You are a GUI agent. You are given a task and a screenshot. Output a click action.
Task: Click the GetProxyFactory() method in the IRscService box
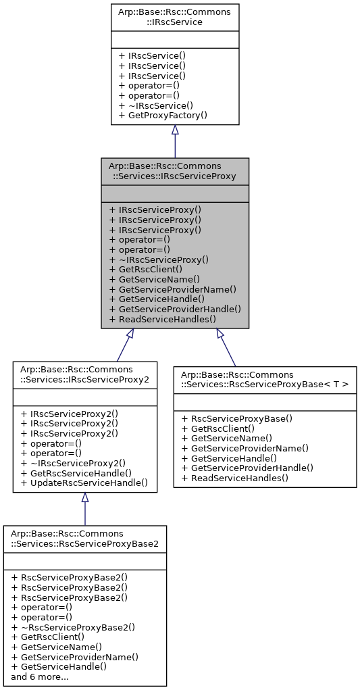coord(162,116)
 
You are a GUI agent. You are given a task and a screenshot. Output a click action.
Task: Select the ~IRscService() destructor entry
coord(155,105)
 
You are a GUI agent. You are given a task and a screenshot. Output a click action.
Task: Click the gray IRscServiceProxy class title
coord(175,170)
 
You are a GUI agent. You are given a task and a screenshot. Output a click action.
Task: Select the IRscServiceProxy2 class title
coord(85,374)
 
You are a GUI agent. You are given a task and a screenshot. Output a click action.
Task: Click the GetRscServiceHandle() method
coord(76,473)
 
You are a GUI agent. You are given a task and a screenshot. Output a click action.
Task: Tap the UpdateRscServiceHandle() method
coord(84,483)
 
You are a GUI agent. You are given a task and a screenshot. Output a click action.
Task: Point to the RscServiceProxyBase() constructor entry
coord(241,418)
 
